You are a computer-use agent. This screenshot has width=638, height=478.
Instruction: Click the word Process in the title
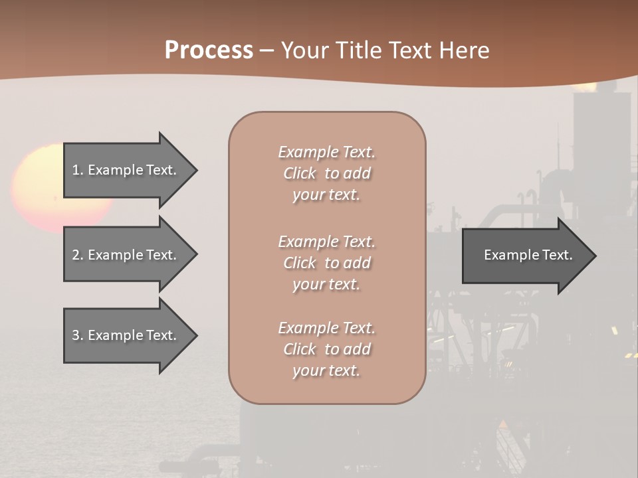click(x=209, y=50)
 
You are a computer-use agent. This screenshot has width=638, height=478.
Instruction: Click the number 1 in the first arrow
click(x=76, y=170)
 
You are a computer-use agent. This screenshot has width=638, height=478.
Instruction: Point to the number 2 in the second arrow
click(x=76, y=255)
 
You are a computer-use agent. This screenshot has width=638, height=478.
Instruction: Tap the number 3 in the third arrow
click(x=76, y=335)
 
